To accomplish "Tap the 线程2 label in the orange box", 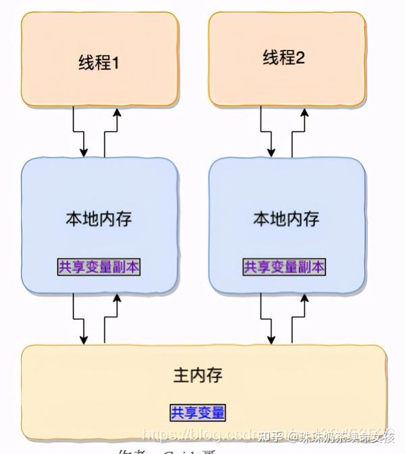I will tap(284, 58).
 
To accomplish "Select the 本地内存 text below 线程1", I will tap(99, 219).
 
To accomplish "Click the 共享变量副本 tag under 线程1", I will tap(99, 267).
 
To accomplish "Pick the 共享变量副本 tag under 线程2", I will tap(284, 267).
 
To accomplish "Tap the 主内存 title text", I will tap(198, 375).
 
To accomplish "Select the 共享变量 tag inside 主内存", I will tap(198, 411).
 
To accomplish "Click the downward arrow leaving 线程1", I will tap(84, 132).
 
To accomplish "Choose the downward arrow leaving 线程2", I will tap(271, 132).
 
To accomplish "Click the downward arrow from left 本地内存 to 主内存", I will tap(84, 319).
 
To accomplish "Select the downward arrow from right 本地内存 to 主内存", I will tap(271, 319).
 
